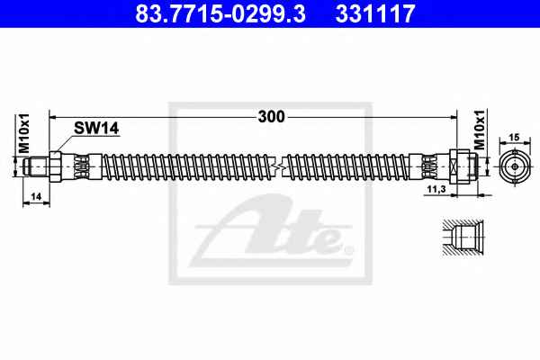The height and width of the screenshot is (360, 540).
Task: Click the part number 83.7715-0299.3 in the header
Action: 220,13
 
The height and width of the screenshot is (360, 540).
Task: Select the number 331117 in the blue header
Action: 375,13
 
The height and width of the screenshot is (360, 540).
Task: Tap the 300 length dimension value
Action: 272,117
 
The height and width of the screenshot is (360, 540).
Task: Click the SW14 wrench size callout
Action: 96,128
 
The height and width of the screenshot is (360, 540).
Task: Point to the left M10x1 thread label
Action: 24,133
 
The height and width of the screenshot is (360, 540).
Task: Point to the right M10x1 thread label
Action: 480,130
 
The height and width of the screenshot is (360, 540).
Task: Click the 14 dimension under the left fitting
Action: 36,197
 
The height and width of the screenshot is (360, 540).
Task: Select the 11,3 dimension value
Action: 436,189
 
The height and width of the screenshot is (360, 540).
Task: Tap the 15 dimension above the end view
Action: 514,138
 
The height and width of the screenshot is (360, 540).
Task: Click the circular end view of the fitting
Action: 515,166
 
